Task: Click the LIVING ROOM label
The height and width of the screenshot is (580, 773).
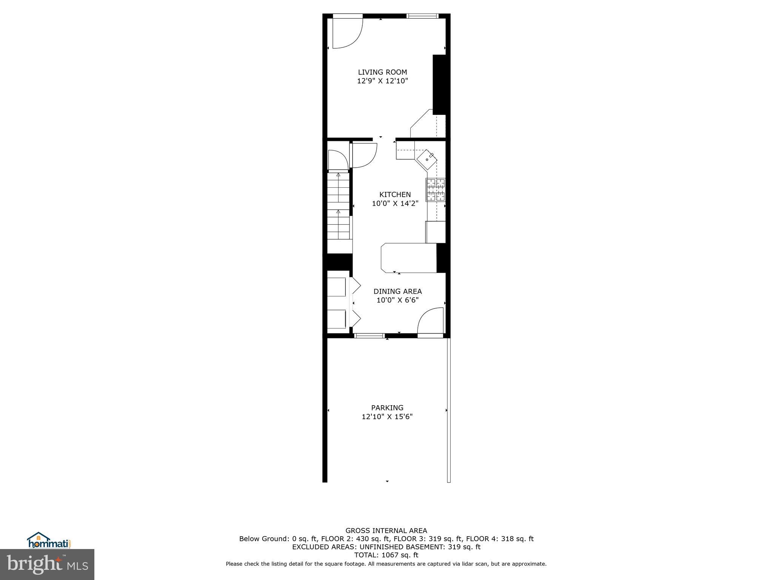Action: pyautogui.click(x=382, y=72)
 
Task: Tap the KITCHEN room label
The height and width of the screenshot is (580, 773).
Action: pyautogui.click(x=395, y=194)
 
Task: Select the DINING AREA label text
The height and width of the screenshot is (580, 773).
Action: pyautogui.click(x=397, y=292)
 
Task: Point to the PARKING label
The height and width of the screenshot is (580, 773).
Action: pyautogui.click(x=387, y=408)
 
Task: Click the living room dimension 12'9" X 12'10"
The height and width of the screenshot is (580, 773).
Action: pyautogui.click(x=382, y=81)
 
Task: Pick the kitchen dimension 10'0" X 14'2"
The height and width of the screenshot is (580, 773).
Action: pyautogui.click(x=395, y=204)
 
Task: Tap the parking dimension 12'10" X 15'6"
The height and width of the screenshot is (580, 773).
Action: pyautogui.click(x=387, y=417)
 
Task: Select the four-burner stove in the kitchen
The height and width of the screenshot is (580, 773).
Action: pyautogui.click(x=436, y=190)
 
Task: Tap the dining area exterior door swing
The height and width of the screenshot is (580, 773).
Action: pyautogui.click(x=431, y=321)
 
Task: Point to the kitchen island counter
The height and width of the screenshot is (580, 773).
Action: pyautogui.click(x=409, y=258)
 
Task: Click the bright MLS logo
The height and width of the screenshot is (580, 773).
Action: pyautogui.click(x=47, y=564)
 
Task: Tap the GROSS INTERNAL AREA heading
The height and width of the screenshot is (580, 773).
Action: pyautogui.click(x=386, y=531)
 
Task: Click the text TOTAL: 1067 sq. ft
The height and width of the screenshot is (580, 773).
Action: pyautogui.click(x=386, y=555)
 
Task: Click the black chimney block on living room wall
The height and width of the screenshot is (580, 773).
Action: pyautogui.click(x=439, y=85)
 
